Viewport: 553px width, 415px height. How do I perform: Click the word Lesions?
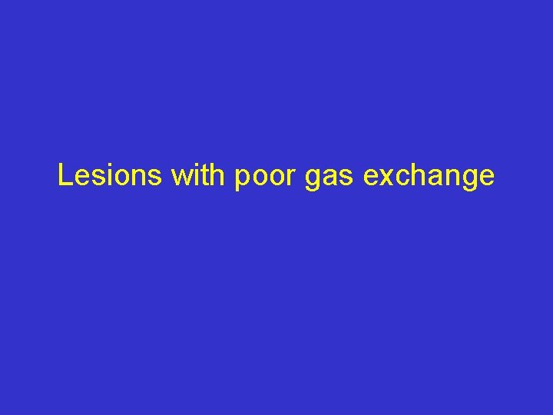[110, 176]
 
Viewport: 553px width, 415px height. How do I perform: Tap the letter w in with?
[181, 178]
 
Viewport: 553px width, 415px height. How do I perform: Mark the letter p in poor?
[241, 180]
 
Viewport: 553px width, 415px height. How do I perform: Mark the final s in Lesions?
[155, 178]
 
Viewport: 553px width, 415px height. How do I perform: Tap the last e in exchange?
[485, 178]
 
